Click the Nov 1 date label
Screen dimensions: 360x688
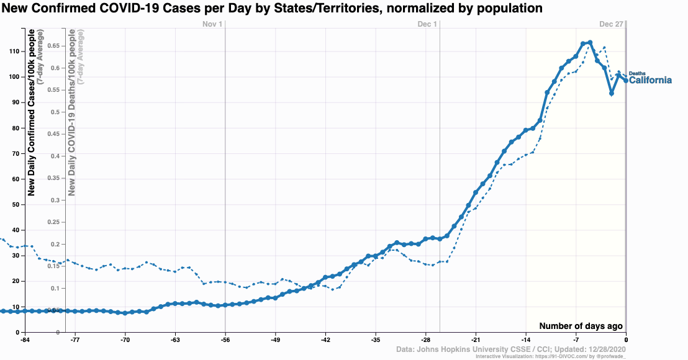pyautogui.click(x=212, y=24)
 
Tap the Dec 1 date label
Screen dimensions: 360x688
pyautogui.click(x=427, y=24)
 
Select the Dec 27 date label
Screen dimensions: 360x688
pyautogui.click(x=611, y=24)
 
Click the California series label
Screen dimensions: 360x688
pyautogui.click(x=651, y=80)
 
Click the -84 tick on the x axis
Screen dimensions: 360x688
pyautogui.click(x=25, y=340)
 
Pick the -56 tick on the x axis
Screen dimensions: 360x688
pyautogui.click(x=225, y=340)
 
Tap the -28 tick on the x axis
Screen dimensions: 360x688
pyautogui.click(x=426, y=340)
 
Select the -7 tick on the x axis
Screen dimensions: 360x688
pyautogui.click(x=576, y=340)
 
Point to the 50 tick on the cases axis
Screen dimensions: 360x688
pyautogui.click(x=16, y=205)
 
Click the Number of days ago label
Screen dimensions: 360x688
pyautogui.click(x=581, y=326)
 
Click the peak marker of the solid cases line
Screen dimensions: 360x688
pyautogui.click(x=590, y=43)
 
